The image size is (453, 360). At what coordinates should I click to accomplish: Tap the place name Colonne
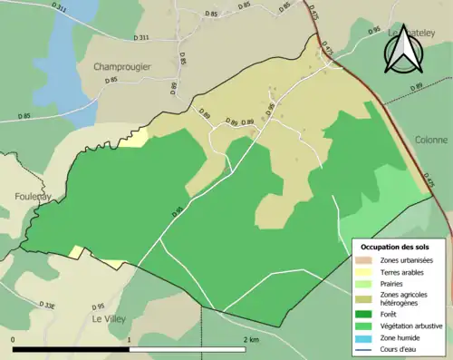[430, 140]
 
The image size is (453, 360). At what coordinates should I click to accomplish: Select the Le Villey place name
[109, 319]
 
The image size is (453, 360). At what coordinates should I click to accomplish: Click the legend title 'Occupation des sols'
[397, 247]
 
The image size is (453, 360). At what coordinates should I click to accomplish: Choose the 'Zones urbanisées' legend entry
[407, 261]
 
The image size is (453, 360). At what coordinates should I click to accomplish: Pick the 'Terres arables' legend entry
[405, 272]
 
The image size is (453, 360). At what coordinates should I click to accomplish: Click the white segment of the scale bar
[189, 349]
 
